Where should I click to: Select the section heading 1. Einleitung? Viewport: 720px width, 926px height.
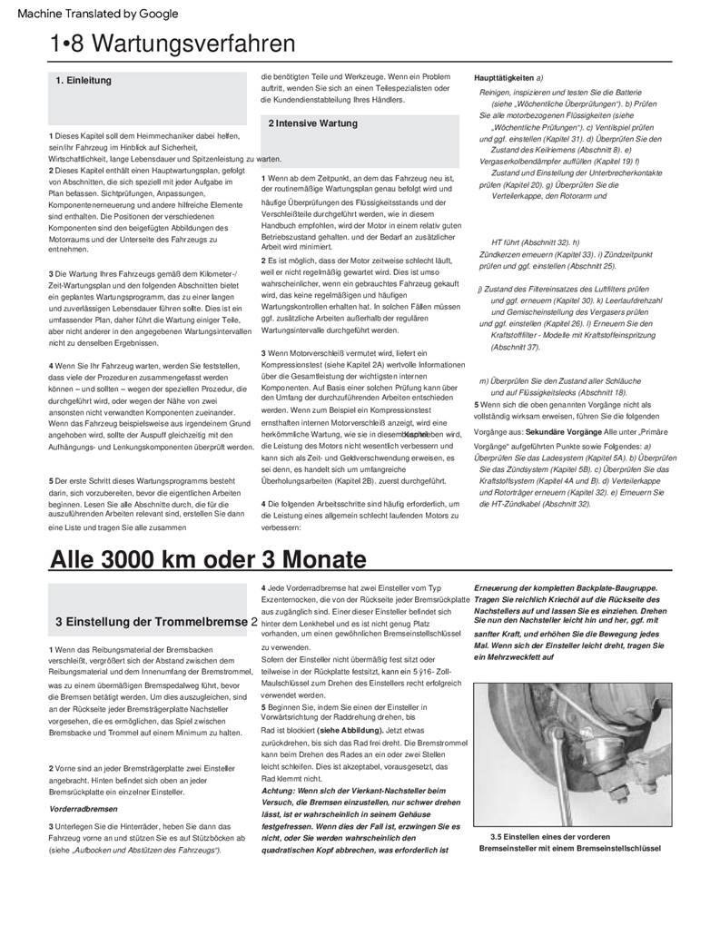point(84,81)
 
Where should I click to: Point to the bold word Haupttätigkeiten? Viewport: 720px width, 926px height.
point(504,78)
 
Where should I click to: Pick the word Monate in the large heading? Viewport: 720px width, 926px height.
point(320,557)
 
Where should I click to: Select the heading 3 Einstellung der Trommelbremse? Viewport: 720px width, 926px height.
point(152,622)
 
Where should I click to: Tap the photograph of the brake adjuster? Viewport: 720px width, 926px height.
point(572,753)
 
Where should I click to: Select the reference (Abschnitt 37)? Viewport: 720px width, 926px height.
point(515,347)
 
